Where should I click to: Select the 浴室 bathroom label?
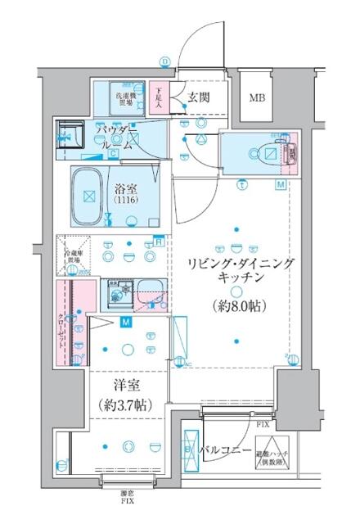124,186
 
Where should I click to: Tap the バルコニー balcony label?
226,450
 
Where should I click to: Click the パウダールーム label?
118,137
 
